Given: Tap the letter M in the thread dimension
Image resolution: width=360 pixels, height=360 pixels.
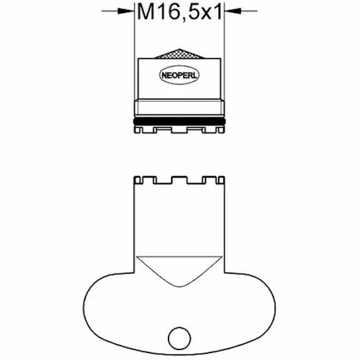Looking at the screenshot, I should click(145, 13).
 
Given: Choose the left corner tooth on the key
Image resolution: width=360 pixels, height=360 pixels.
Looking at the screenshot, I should click(138, 181).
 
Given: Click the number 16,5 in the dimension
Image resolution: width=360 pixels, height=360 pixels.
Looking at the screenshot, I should click(178, 13).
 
